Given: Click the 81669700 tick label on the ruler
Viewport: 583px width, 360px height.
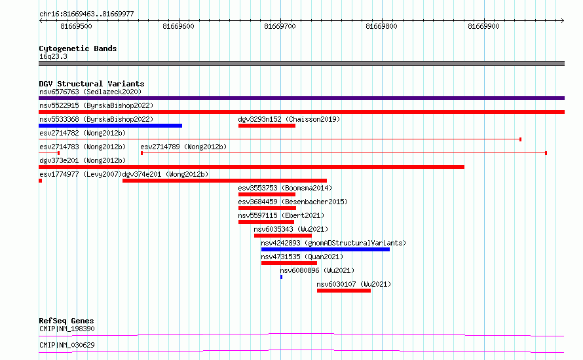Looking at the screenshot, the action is [x=280, y=26].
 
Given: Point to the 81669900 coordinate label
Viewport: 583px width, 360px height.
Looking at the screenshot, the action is [x=483, y=26].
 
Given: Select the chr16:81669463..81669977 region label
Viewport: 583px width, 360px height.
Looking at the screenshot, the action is [x=86, y=14].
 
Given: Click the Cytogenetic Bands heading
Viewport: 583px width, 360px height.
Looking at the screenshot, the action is [x=78, y=48].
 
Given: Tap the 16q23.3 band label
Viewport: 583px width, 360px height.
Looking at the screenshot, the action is [x=53, y=56].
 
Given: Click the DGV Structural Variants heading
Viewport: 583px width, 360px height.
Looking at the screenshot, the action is [x=92, y=84].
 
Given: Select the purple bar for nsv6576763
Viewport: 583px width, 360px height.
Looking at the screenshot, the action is [x=301, y=98].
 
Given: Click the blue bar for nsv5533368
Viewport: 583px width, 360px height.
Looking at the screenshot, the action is [x=111, y=126].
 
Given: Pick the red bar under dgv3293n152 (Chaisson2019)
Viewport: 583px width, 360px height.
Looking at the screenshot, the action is [x=267, y=126].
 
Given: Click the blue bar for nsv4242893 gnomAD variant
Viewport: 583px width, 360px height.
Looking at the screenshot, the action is [x=326, y=249].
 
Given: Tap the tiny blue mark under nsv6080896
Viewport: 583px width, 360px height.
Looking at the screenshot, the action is [x=282, y=277].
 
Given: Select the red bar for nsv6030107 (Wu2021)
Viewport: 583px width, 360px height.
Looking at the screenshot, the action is [x=344, y=291].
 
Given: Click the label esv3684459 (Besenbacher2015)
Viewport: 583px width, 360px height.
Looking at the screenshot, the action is [x=293, y=202].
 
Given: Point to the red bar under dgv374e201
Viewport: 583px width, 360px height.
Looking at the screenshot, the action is [x=225, y=181].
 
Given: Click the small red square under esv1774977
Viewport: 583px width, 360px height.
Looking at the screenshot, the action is [x=40, y=181].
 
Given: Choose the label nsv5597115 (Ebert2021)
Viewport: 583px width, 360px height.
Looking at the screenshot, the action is [x=281, y=215].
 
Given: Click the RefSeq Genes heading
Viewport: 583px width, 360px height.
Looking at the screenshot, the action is [x=67, y=321].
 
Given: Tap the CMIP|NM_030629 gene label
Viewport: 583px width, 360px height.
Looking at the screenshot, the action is [x=67, y=345].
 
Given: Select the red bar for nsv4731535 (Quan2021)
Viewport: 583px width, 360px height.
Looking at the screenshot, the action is [x=290, y=263].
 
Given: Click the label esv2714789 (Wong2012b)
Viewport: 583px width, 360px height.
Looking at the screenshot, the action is [x=183, y=147].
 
